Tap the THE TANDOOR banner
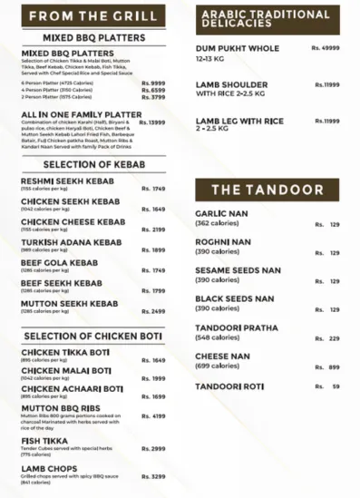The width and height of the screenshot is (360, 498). pyautogui.click(x=266, y=190)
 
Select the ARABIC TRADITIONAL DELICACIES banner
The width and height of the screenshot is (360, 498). pyautogui.click(x=252, y=17)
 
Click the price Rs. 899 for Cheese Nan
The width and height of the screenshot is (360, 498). pyautogui.click(x=326, y=366)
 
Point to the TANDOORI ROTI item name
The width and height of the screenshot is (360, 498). pyautogui.click(x=229, y=386)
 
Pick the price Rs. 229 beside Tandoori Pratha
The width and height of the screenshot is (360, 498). pyautogui.click(x=326, y=338)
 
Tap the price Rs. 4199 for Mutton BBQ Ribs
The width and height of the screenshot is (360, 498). pyautogui.click(x=152, y=416)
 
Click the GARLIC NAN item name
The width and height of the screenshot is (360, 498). pyautogui.click(x=223, y=214)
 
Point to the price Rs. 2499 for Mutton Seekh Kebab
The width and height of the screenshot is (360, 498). pyautogui.click(x=152, y=311)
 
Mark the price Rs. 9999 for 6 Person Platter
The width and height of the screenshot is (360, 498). pyautogui.click(x=153, y=82)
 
